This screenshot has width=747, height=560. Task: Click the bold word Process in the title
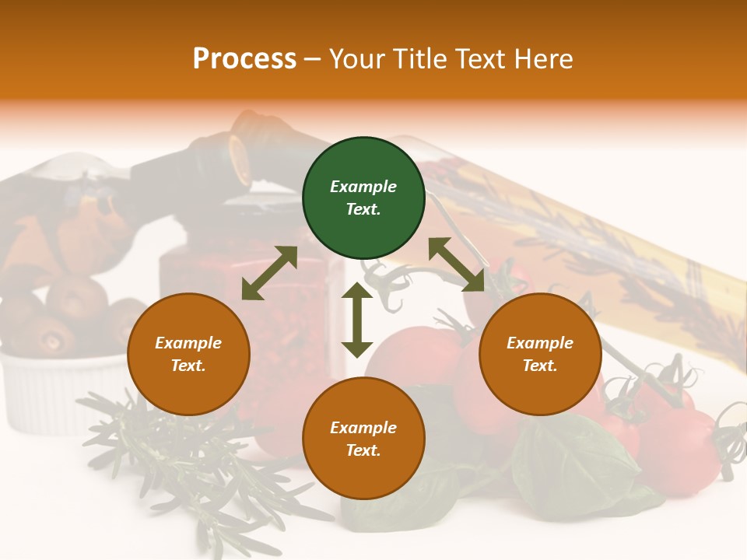click(244, 59)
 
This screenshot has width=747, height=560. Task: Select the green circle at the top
click(363, 198)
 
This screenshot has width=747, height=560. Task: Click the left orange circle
click(188, 354)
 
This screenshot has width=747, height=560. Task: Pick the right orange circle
click(540, 354)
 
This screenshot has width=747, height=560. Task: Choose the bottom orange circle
click(363, 439)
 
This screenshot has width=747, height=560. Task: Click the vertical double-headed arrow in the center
click(357, 320)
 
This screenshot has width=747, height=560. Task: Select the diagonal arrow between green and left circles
click(269, 273)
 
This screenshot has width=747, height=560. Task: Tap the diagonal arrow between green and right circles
click(457, 264)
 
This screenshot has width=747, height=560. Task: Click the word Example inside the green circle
click(363, 187)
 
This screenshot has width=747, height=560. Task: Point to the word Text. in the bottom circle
click(363, 450)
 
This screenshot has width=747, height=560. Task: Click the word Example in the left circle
click(188, 343)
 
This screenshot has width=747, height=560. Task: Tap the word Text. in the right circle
click(540, 366)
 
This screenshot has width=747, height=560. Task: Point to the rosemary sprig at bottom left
click(179, 459)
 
